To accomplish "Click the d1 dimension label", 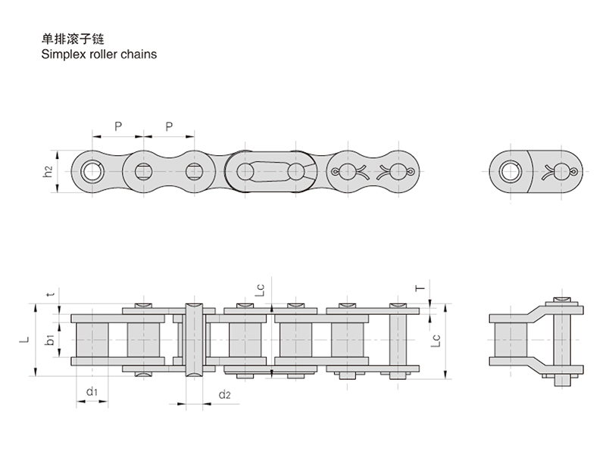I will (90, 391).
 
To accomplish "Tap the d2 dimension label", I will (223, 394).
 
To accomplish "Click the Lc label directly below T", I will (435, 340).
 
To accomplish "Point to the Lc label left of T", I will (259, 290).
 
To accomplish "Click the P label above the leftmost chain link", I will (118, 126).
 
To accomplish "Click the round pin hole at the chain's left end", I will (93, 171).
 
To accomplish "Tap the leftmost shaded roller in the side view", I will (91, 340).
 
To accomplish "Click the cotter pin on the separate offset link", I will (564, 171).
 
